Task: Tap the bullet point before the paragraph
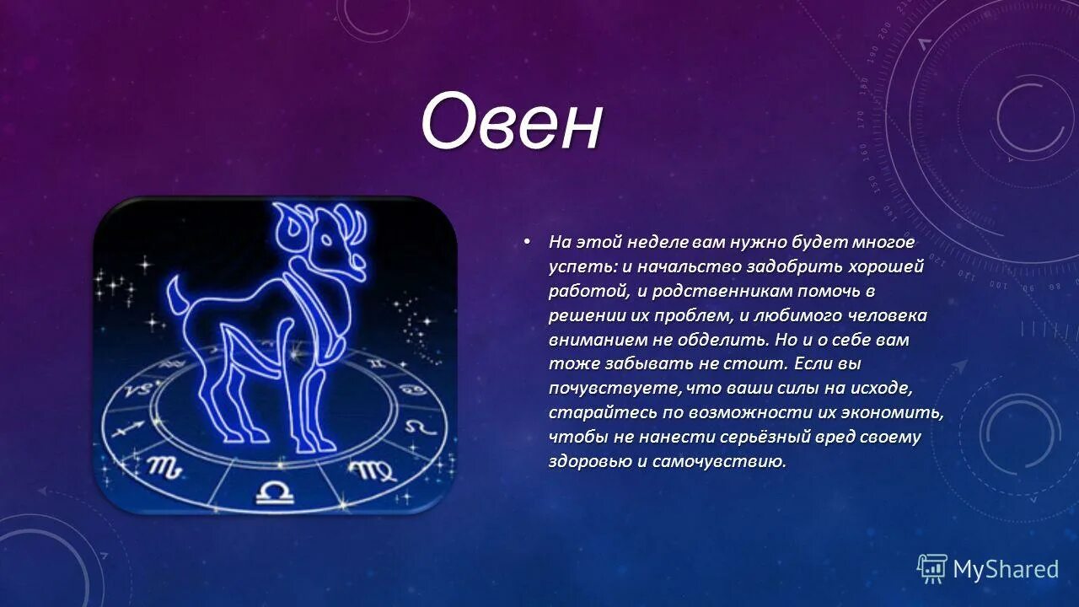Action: point(528,242)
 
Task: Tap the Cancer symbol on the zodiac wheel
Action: point(411,389)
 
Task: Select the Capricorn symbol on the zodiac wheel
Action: point(138,389)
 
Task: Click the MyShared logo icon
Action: point(931,569)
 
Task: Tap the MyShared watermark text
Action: point(1005,570)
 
